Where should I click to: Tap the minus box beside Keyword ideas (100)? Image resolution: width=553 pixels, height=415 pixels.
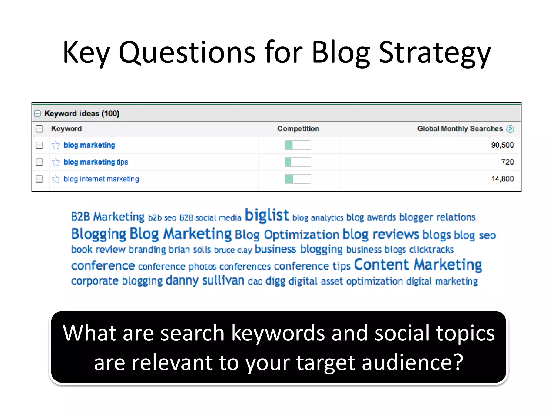coord(38,113)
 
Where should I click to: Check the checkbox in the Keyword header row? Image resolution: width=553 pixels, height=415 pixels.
coord(39,129)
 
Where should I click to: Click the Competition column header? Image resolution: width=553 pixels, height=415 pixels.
coord(298,129)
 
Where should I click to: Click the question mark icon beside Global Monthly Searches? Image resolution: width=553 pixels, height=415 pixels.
coord(510,129)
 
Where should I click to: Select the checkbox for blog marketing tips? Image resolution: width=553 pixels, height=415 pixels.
coord(39,162)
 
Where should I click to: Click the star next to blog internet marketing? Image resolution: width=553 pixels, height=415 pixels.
coord(56,179)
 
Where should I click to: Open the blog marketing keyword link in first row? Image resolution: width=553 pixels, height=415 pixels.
coord(89,145)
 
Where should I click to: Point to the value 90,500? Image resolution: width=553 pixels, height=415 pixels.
coord(502,145)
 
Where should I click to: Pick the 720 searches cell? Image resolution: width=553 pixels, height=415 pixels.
coord(507,162)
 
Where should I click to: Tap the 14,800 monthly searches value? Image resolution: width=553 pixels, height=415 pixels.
coord(502,179)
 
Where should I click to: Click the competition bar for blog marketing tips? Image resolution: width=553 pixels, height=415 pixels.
coord(298,162)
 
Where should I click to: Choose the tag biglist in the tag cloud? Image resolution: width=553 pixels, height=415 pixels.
coord(267,215)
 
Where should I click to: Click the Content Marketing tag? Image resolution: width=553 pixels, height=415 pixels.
coord(418,265)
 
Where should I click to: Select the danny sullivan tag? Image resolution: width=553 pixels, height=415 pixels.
coord(205,280)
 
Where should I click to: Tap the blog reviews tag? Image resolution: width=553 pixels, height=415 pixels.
coord(380,235)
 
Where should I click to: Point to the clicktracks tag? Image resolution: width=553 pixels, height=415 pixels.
coord(431,250)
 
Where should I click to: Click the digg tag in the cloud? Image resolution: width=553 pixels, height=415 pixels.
coord(275,281)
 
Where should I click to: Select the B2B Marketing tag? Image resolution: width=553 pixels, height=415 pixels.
coord(107,217)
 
